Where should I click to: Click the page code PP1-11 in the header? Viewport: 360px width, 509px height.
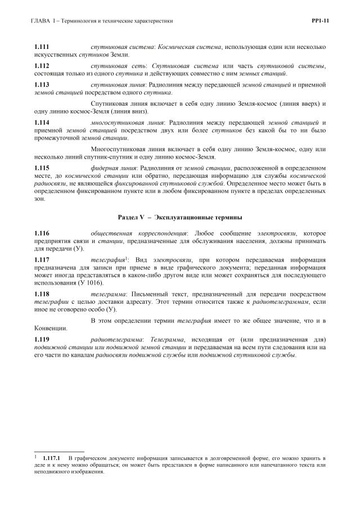tap(319, 21)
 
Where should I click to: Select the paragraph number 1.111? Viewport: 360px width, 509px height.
tap(42, 46)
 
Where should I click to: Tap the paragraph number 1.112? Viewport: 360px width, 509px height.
tap(42, 66)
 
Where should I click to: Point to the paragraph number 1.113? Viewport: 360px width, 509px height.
tap(42, 85)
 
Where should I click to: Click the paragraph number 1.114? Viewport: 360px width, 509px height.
tap(42, 123)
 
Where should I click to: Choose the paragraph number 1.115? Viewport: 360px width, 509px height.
tap(42, 168)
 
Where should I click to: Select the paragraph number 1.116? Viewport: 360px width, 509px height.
tap(42, 233)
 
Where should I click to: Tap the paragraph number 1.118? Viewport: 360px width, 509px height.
tap(42, 294)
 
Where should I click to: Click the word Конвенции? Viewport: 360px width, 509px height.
tap(51, 328)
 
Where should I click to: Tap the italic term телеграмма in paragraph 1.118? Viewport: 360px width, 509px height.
tap(109, 294)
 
